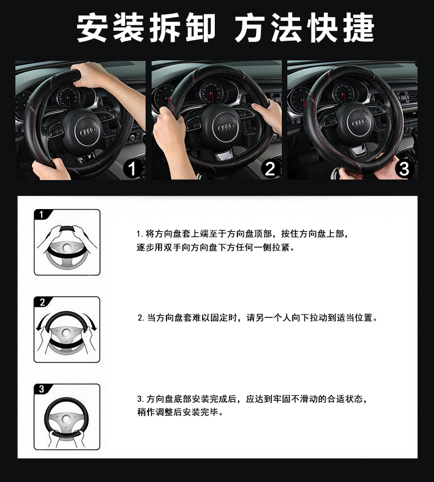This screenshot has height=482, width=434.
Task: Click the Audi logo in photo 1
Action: coord(88,132)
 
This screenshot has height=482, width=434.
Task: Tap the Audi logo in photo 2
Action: coord(226,127)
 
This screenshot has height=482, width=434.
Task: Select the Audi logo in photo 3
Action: coord(359,122)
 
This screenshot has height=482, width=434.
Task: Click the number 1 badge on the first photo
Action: coord(132,169)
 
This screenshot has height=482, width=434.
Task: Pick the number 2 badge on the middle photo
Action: coord(270,169)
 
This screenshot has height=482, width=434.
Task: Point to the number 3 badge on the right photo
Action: coord(404,169)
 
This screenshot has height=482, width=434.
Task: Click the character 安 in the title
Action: coord(92,27)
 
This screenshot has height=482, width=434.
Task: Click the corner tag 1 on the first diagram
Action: coord(42,214)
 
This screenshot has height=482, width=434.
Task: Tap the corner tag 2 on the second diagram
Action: coord(42,302)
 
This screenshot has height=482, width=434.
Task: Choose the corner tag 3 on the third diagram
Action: coord(42,389)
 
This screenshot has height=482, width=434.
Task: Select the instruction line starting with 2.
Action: coord(258,317)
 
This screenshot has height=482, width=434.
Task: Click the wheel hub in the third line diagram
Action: coord(66,419)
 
